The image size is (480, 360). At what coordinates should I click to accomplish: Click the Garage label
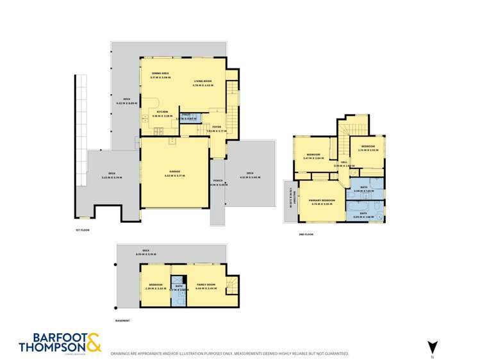174,171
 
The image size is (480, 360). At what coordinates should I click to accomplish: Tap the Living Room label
203,81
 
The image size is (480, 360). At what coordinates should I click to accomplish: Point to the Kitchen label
162,111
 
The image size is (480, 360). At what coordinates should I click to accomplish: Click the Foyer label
216,127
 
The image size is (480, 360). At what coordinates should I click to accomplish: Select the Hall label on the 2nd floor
344,163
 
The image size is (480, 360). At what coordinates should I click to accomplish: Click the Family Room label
206,284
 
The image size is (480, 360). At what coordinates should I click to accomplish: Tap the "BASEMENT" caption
122,320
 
